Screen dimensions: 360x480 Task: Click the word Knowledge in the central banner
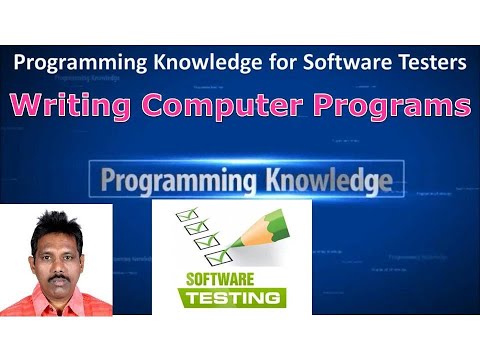tap(318, 181)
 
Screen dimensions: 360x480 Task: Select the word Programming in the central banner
tap(171, 181)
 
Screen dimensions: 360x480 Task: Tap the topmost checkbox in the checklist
tap(186, 213)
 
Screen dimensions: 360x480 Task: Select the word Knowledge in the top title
tap(193, 63)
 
